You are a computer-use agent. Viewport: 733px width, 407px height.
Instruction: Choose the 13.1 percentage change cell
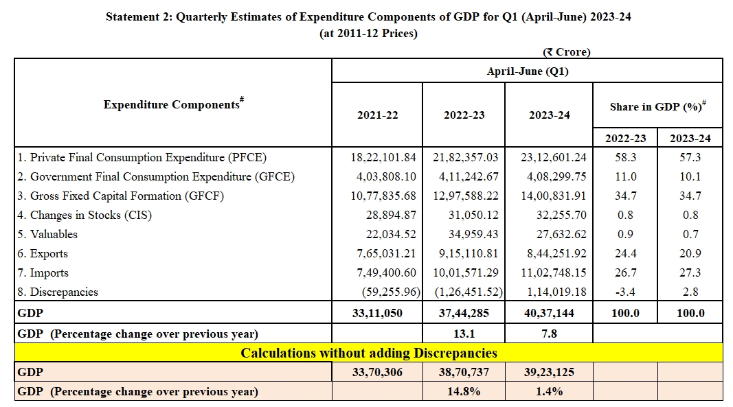tap(464, 334)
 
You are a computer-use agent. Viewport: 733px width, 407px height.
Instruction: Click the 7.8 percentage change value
tap(550, 334)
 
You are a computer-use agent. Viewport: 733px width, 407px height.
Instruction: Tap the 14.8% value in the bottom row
tap(464, 391)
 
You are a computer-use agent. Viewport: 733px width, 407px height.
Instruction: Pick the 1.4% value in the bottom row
tap(550, 391)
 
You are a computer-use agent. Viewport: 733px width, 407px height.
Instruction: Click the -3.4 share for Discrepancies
tap(625, 292)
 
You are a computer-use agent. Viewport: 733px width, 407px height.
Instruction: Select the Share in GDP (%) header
tap(657, 107)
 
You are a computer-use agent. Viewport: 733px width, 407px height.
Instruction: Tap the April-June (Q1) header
tap(527, 71)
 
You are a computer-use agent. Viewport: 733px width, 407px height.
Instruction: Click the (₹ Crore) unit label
tap(566, 52)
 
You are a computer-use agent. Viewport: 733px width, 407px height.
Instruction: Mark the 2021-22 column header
tap(377, 115)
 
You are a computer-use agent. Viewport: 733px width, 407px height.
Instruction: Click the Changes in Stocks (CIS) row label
tap(84, 215)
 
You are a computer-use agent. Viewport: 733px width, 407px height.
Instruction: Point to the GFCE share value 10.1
tap(690, 176)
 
